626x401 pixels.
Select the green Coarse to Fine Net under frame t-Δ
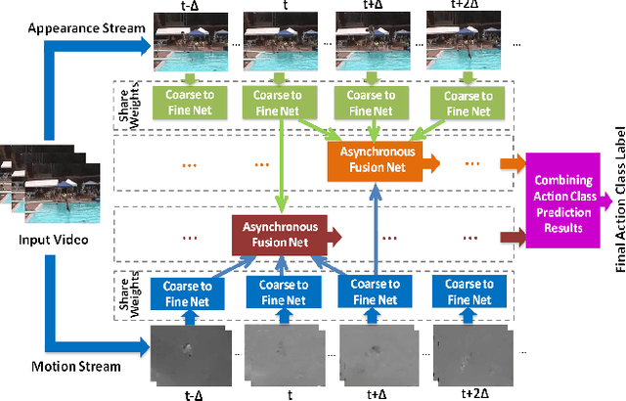pyautogui.click(x=190, y=100)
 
